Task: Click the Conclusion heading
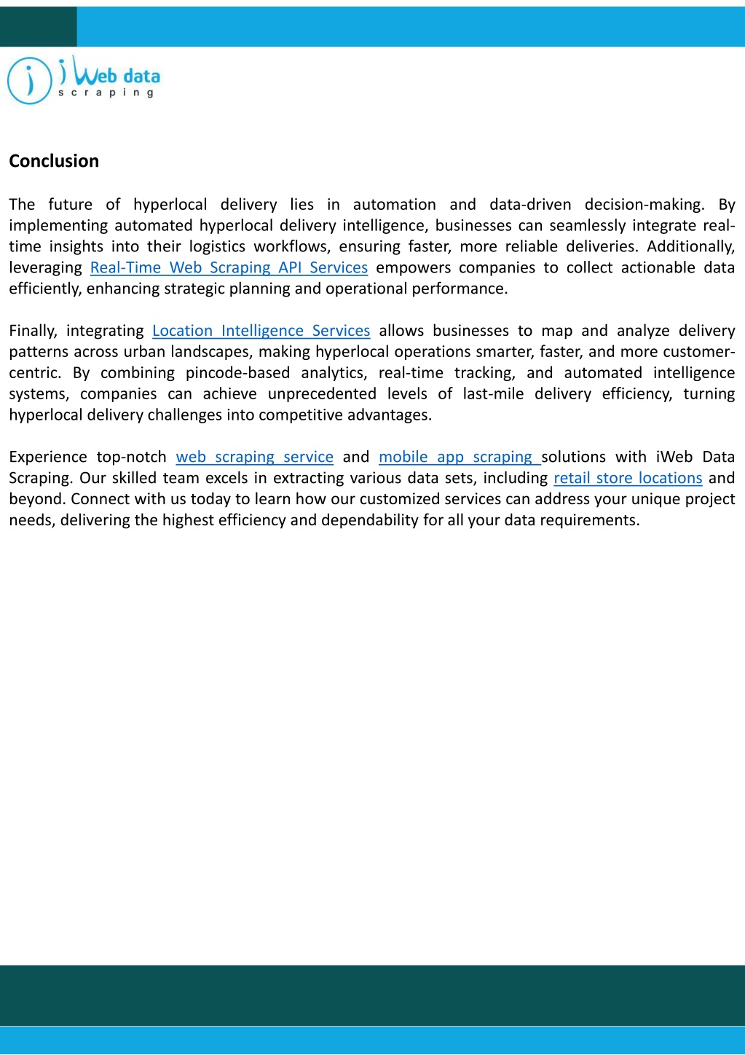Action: [54, 161]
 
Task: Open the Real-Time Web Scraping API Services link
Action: [229, 267]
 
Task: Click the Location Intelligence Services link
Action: [261, 331]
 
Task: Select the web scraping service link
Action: [254, 457]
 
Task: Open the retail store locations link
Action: [628, 478]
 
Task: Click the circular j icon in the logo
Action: [29, 81]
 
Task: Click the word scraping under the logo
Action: [106, 93]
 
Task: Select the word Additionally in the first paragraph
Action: [690, 246]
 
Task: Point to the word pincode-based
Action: [237, 373]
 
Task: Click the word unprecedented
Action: [322, 394]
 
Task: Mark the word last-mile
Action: [493, 394]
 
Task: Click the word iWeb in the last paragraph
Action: [674, 457]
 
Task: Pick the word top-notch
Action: [132, 457]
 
